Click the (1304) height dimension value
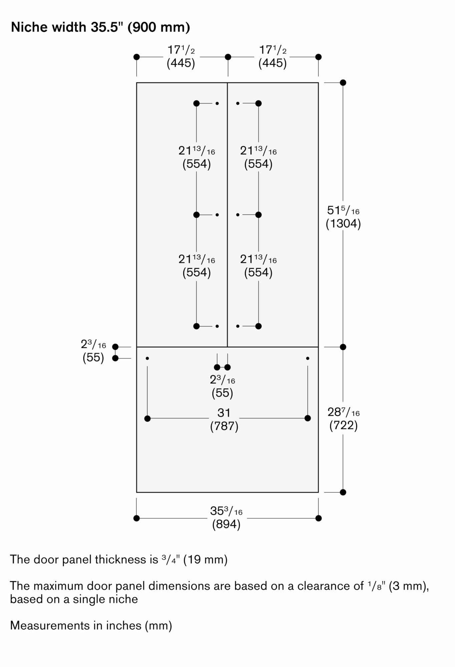(x=343, y=223)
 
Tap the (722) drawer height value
(x=344, y=425)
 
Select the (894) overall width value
(x=226, y=524)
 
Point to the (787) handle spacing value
(x=224, y=426)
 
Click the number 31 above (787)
(x=224, y=413)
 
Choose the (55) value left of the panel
(x=93, y=358)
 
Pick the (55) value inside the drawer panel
(x=222, y=393)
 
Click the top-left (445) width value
(x=181, y=63)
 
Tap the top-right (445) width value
(x=273, y=63)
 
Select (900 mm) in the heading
(x=159, y=27)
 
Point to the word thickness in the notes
(x=121, y=559)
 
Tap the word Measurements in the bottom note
(x=50, y=625)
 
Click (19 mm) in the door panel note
(x=205, y=559)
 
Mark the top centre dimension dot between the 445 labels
(x=228, y=57)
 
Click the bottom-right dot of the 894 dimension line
(x=319, y=518)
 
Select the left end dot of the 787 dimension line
(x=147, y=419)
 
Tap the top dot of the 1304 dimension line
(x=343, y=83)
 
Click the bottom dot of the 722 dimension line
(x=343, y=492)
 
